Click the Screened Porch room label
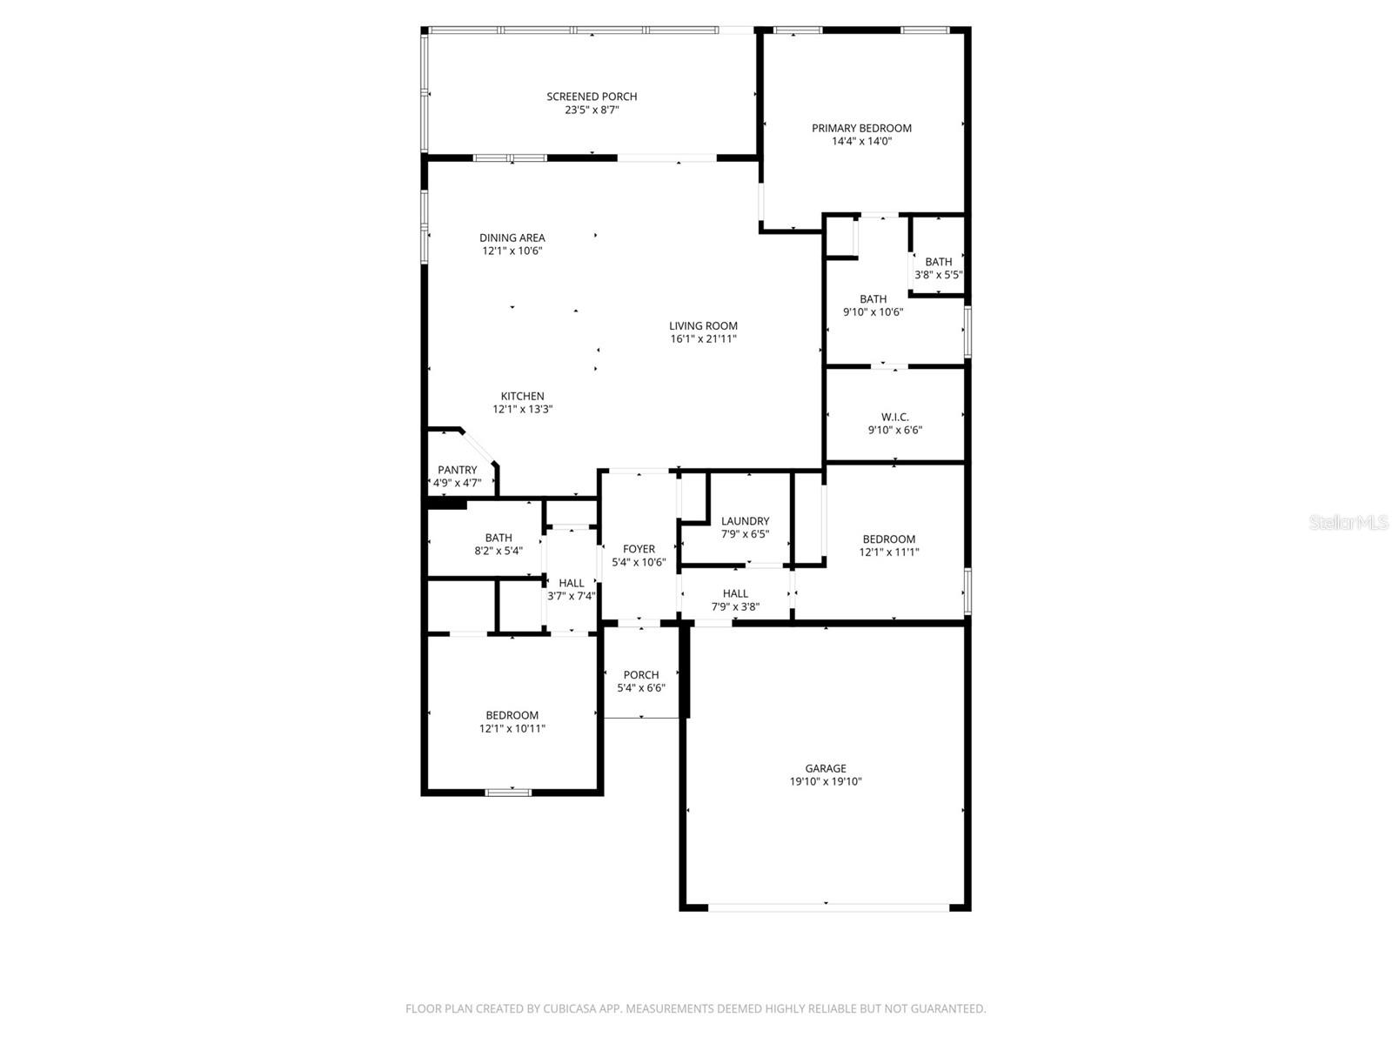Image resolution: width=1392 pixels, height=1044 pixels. click(x=592, y=97)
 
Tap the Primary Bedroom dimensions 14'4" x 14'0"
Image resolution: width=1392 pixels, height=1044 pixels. click(x=861, y=141)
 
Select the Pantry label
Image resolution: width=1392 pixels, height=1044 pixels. click(x=457, y=470)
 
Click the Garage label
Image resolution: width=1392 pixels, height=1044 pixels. click(x=825, y=768)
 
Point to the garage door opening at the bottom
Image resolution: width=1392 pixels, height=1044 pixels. click(x=826, y=907)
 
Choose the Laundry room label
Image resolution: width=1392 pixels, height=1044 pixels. click(x=745, y=521)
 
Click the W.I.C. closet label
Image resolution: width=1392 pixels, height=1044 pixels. click(x=894, y=417)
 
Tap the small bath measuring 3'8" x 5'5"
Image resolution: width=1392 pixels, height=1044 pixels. click(x=938, y=268)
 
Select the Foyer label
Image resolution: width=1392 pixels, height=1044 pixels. click(x=639, y=549)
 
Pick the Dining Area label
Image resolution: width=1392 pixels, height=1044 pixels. click(x=512, y=238)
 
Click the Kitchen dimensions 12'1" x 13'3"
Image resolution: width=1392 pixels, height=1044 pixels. click(x=522, y=409)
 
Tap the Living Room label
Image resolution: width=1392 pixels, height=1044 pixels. click(x=703, y=325)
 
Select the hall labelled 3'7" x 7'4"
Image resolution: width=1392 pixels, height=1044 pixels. click(x=572, y=590)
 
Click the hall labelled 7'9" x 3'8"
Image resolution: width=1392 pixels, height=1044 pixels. click(x=735, y=600)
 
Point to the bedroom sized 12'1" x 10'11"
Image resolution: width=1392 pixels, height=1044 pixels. click(x=512, y=722)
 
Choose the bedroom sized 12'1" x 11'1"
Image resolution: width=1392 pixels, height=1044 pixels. click(x=889, y=545)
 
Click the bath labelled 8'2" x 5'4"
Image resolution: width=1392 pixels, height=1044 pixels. click(x=499, y=544)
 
